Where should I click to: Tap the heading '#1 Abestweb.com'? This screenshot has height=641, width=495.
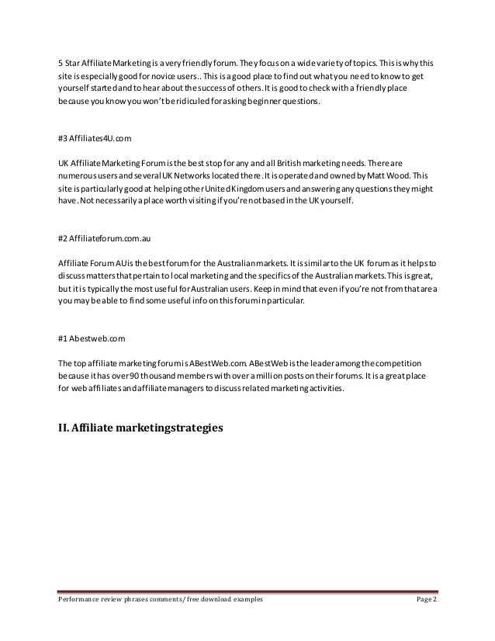[92, 339]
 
